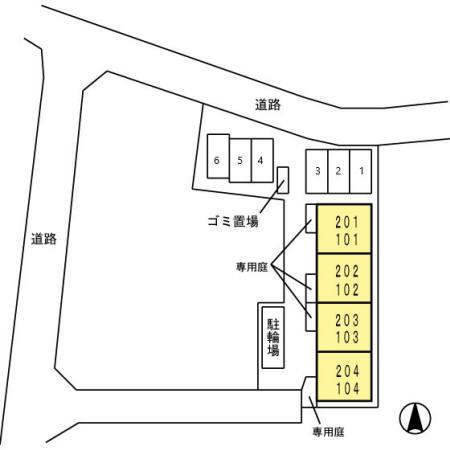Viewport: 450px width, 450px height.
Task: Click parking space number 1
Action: (361, 171)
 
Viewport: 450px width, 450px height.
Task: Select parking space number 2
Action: (339, 171)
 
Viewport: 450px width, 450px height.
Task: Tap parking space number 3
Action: (317, 171)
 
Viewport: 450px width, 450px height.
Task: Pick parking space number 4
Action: (262, 160)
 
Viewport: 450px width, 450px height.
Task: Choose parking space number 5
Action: (240, 160)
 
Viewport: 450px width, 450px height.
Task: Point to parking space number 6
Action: (218, 156)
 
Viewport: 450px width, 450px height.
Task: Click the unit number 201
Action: (347, 222)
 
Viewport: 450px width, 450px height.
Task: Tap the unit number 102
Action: (347, 290)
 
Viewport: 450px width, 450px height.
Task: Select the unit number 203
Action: (347, 320)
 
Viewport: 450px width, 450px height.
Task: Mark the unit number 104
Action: (347, 388)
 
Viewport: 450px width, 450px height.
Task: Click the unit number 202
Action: (347, 272)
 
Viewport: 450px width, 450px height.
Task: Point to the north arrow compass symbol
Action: (415, 418)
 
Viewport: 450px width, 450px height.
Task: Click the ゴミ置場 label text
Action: (233, 221)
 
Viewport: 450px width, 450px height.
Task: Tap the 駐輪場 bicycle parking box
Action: (273, 337)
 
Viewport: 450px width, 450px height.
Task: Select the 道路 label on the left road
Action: (44, 239)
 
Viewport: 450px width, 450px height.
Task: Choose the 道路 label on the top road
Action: (268, 105)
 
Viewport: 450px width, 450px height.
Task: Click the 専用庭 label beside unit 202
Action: (252, 267)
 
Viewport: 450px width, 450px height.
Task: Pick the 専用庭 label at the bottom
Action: (328, 432)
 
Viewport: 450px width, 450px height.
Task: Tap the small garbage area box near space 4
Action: (283, 180)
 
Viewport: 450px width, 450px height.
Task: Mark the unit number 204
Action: (347, 371)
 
